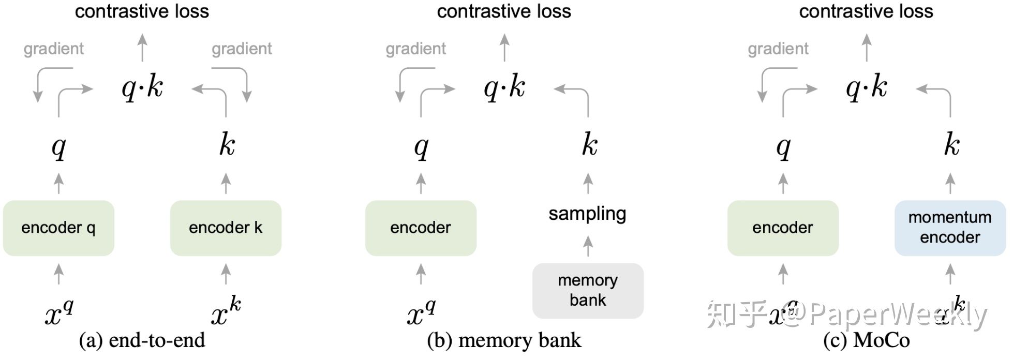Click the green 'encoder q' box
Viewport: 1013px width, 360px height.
tap(58, 228)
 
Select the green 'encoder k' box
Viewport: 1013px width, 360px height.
tap(226, 228)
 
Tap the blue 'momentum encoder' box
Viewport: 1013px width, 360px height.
tap(950, 228)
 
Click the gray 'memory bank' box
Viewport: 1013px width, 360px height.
tap(588, 290)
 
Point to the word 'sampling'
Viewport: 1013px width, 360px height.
tap(587, 213)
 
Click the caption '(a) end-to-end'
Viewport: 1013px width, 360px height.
tap(142, 340)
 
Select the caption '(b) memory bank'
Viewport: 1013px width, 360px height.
tap(504, 340)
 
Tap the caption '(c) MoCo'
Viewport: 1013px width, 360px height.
tap(866, 340)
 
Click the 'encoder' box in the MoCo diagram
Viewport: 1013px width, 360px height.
tap(783, 228)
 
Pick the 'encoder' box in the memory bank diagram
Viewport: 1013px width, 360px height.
tap(421, 228)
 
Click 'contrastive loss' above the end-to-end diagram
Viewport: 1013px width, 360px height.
tap(142, 11)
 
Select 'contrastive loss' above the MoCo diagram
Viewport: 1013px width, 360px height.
tap(866, 11)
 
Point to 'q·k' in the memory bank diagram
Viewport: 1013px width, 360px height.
tap(504, 87)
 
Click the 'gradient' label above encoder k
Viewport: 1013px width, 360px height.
tap(242, 49)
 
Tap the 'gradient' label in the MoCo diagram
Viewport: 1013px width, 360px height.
tap(778, 49)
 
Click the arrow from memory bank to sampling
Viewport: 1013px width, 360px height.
tap(588, 246)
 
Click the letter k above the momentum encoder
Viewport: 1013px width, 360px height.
tap(951, 145)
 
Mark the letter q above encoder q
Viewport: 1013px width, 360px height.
tap(59, 147)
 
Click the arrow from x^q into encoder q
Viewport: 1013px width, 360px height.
tap(59, 274)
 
